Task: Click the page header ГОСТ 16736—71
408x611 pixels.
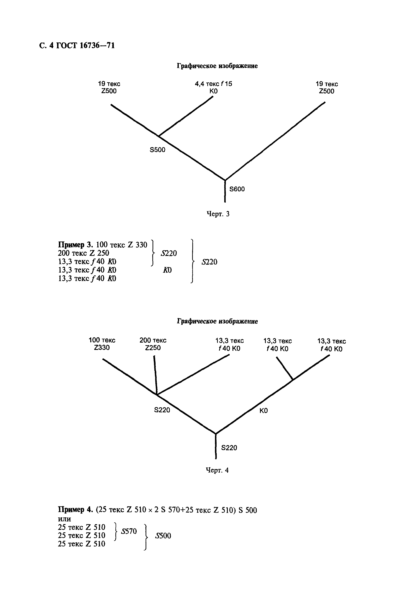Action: coord(77,45)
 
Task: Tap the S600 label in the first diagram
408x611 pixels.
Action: coord(237,189)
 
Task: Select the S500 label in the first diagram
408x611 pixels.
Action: coord(157,150)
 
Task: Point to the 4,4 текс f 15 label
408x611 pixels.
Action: coord(213,84)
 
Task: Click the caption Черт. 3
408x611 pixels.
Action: coord(218,214)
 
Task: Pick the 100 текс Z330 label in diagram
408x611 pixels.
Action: coord(102,344)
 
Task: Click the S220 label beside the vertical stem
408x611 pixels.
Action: coord(229,448)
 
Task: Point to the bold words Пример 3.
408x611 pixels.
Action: coord(75,245)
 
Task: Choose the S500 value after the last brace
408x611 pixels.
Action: coord(163,536)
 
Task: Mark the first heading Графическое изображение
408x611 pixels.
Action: coord(217,66)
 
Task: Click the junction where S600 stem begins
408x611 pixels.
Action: coord(225,180)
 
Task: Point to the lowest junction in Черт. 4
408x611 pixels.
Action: coord(216,434)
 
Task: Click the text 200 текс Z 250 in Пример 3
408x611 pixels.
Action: coord(83,253)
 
